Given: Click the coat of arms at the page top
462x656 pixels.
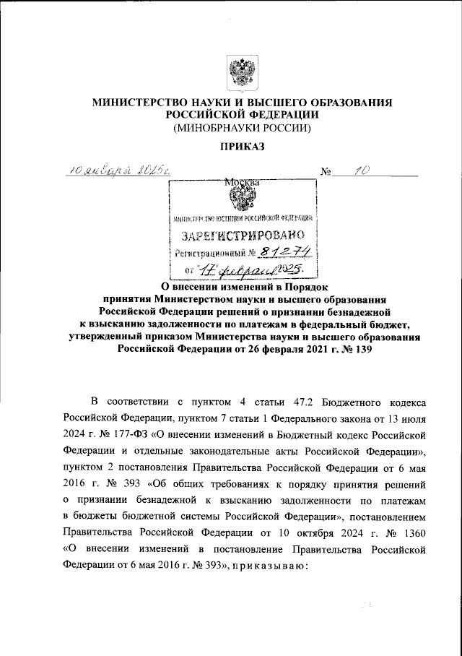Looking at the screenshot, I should pyautogui.click(x=242, y=72).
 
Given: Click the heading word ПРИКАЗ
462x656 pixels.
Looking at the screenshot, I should pyautogui.click(x=242, y=147).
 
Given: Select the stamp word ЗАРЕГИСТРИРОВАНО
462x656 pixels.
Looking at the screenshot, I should pyautogui.click(x=243, y=236).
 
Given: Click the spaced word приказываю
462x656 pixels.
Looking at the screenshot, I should pyautogui.click(x=271, y=567).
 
